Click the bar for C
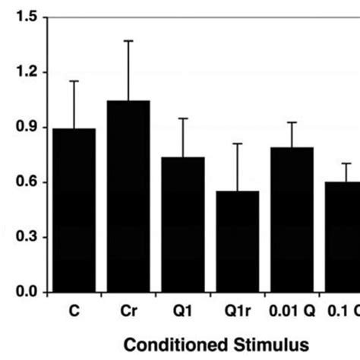[74, 211]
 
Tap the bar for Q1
[183, 225]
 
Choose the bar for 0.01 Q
[292, 220]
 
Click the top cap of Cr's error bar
[128, 41]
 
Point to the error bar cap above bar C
[74, 81]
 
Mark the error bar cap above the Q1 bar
[183, 118]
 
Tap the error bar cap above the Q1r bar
[238, 144]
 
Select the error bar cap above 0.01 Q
[292, 122]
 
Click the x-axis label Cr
[128, 310]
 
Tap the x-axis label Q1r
[238, 310]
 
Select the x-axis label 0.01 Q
[292, 310]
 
